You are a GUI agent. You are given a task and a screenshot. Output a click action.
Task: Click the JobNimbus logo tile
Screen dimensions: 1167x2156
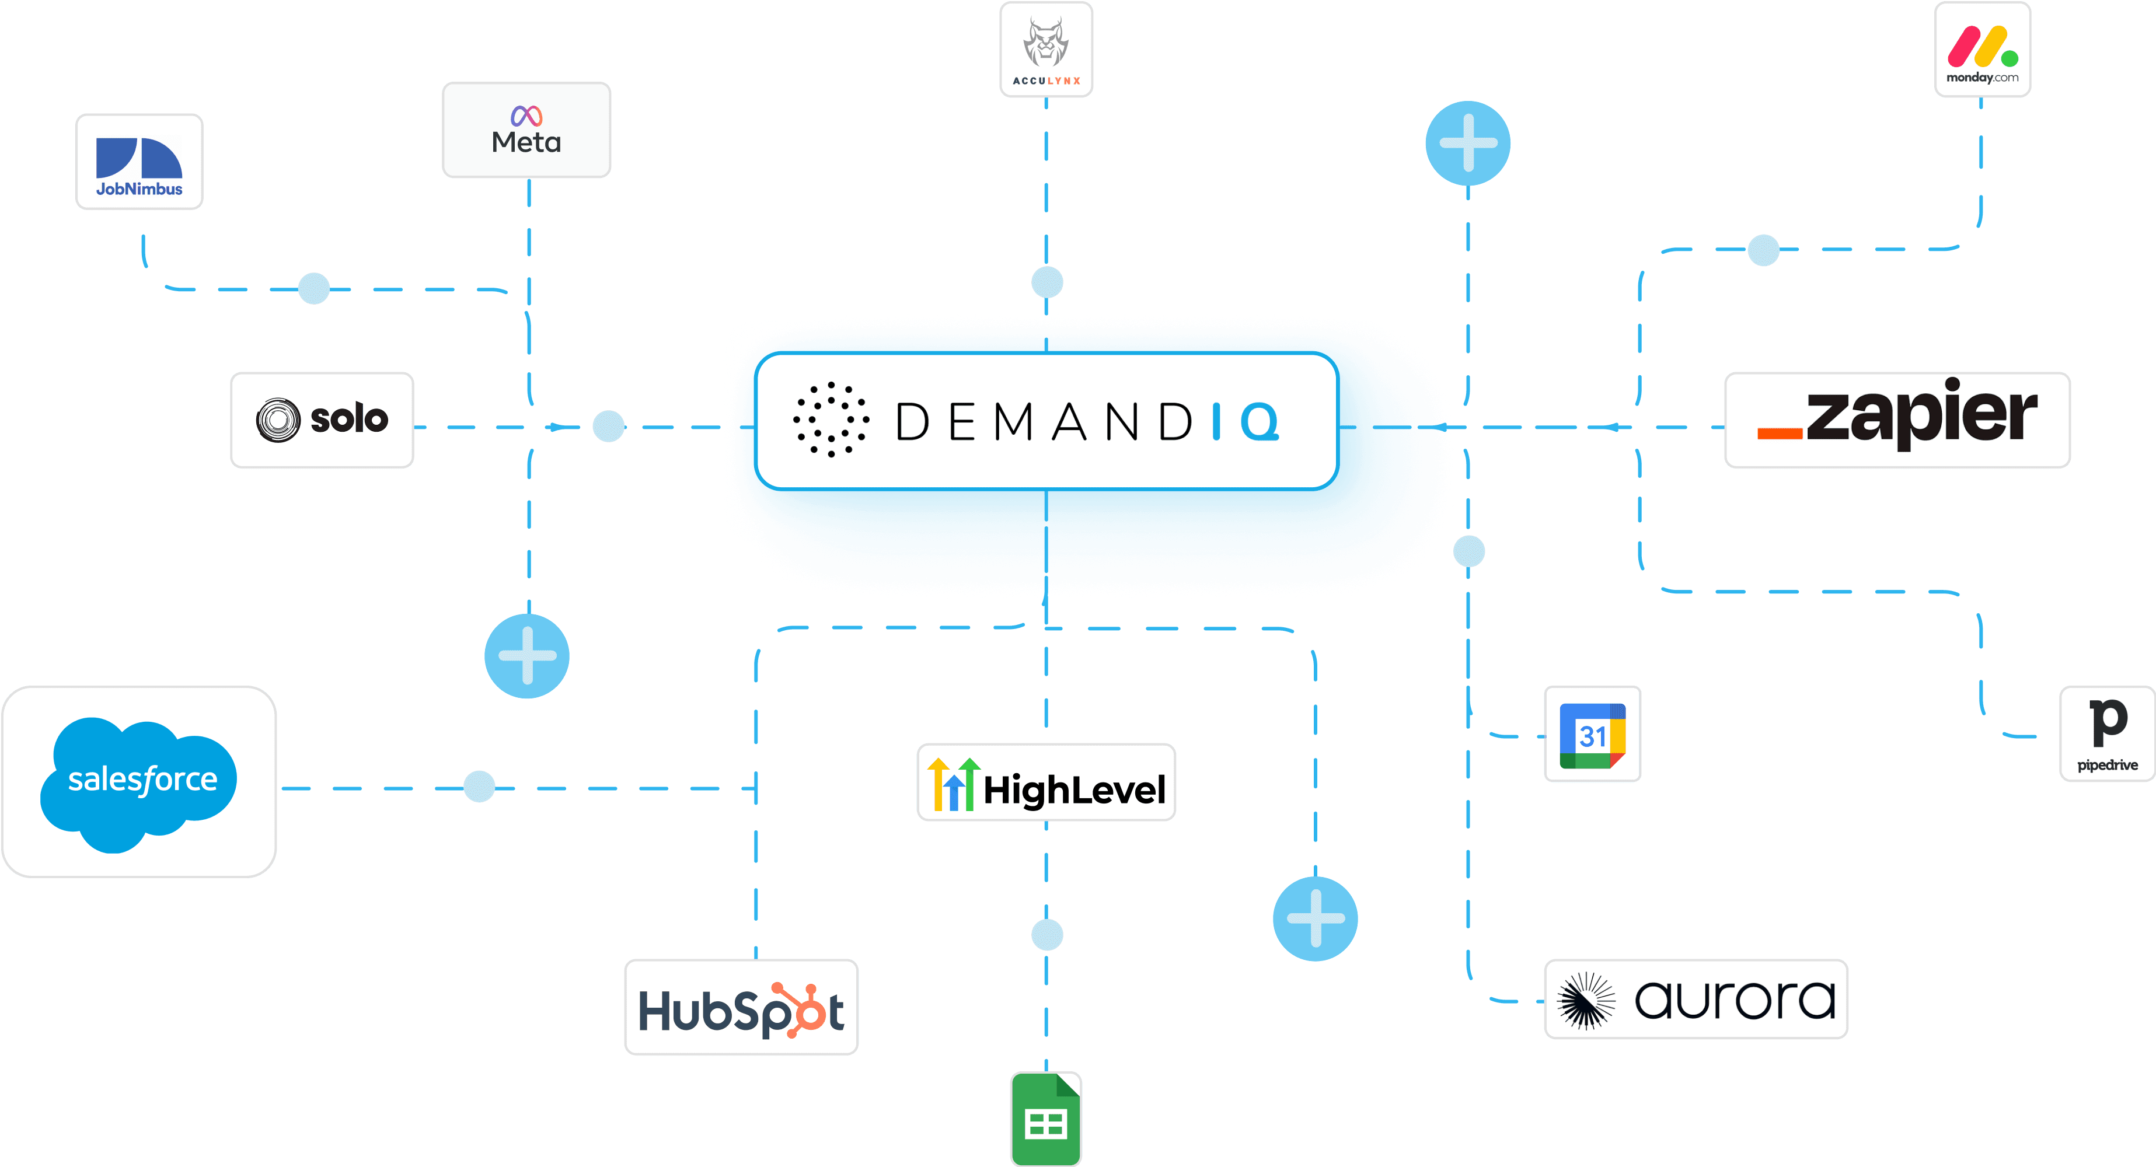tap(139, 162)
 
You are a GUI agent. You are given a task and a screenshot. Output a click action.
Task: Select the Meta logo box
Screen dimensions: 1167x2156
tap(526, 130)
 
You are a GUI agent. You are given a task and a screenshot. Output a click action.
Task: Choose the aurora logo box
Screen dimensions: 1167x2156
tap(1696, 999)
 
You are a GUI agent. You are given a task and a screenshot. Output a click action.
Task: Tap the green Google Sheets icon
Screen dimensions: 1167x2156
tap(1046, 1119)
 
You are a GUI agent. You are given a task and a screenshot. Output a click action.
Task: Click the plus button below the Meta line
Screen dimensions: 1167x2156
tap(527, 656)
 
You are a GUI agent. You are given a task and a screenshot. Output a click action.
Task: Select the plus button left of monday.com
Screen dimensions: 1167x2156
tap(1468, 143)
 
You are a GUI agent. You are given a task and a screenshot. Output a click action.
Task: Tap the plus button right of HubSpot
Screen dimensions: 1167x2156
tap(1315, 918)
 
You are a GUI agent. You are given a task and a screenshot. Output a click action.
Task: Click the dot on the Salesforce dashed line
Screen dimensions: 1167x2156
tap(479, 787)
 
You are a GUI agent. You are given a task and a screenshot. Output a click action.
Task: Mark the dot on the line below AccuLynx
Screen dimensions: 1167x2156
tap(1047, 282)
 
